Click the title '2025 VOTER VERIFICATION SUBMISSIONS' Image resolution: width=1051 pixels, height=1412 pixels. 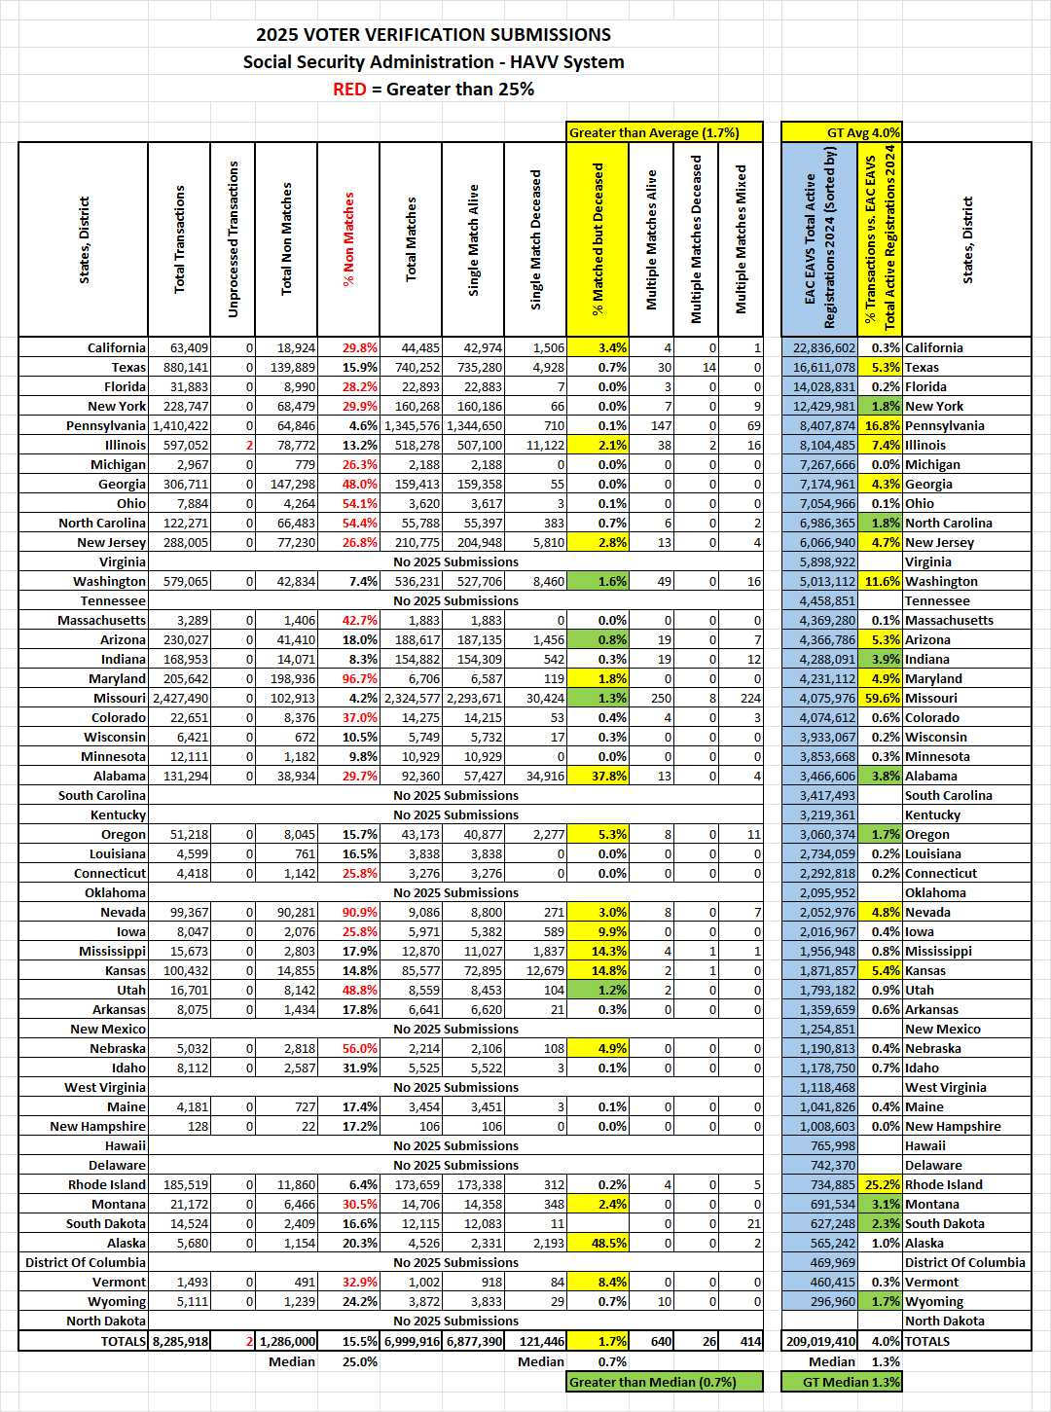click(x=433, y=35)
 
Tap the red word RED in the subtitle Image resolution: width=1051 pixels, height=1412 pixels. click(x=349, y=90)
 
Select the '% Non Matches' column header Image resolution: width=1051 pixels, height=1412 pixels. click(x=349, y=239)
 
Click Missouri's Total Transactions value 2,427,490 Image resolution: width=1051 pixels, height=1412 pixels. click(x=179, y=698)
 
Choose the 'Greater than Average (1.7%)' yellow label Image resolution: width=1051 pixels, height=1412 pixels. click(x=654, y=132)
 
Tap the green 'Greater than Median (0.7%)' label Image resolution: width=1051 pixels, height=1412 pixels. click(x=653, y=1382)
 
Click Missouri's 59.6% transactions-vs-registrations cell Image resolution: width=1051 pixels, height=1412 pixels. click(x=882, y=698)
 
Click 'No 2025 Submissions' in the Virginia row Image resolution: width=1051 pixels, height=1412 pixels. click(x=455, y=561)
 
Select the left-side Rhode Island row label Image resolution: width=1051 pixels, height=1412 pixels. click(x=107, y=1184)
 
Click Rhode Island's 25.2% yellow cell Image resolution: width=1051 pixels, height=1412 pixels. click(x=882, y=1184)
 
